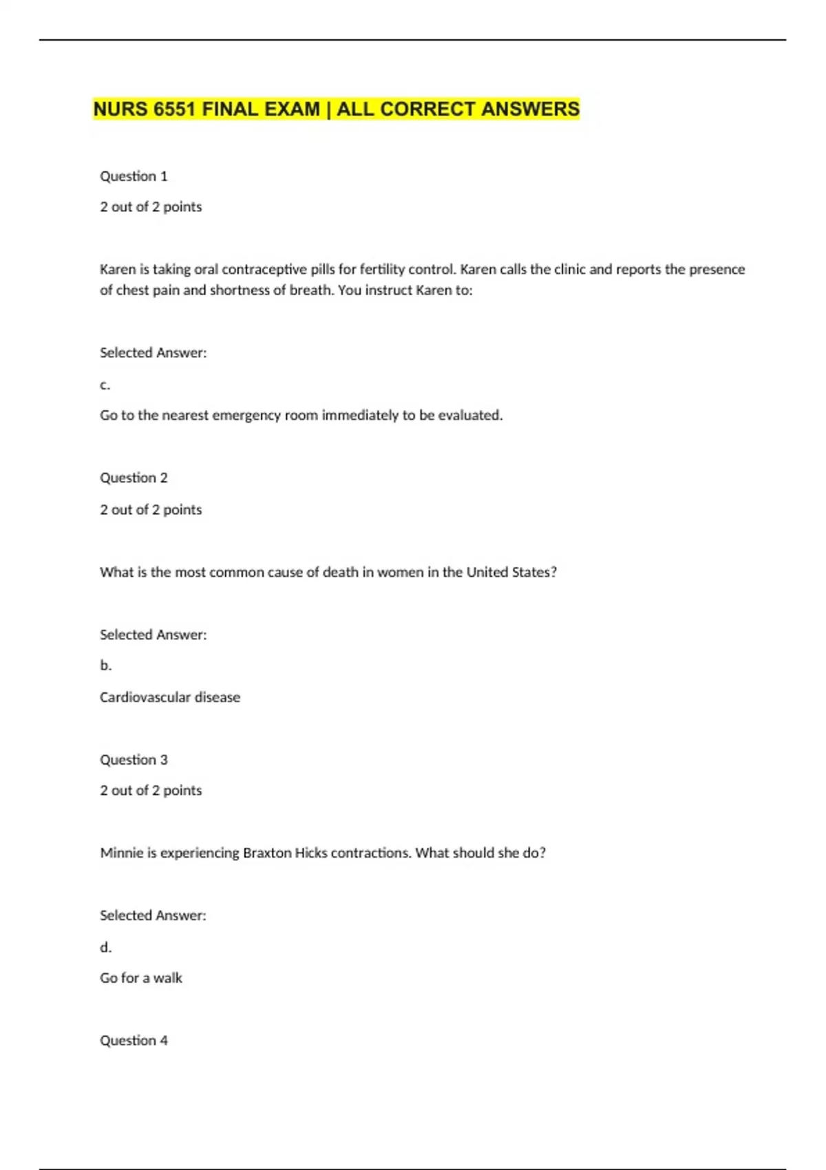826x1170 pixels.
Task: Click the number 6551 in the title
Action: pos(175,109)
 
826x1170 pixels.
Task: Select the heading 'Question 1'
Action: pos(134,176)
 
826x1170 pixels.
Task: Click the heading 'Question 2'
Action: pos(134,478)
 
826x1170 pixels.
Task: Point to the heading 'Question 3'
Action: pos(134,760)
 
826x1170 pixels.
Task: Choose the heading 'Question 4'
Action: pos(134,1041)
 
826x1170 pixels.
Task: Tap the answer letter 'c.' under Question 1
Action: pos(105,385)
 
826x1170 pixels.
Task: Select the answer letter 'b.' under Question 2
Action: pos(105,666)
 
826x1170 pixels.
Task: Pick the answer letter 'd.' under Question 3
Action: pos(105,948)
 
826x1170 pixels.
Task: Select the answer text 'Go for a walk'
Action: pos(141,978)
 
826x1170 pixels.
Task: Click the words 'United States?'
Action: pos(511,572)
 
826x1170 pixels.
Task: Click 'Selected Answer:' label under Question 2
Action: pos(153,635)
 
